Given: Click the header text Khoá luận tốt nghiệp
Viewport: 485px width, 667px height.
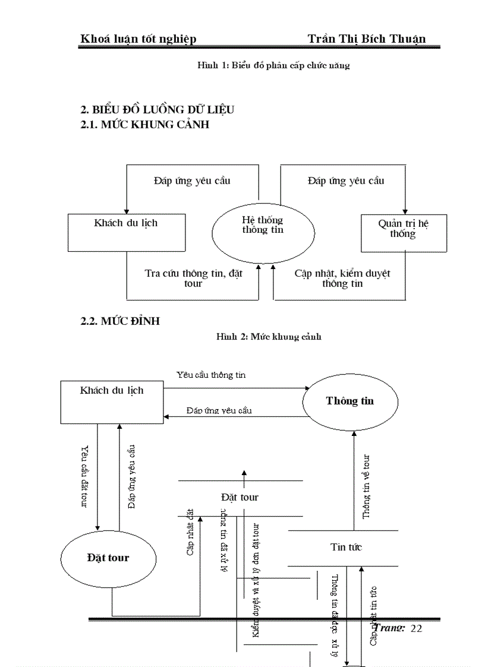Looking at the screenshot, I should (138, 39).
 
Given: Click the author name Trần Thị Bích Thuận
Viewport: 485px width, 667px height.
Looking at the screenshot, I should (366, 39).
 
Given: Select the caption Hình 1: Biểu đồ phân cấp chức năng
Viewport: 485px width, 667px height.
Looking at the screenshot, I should (273, 65).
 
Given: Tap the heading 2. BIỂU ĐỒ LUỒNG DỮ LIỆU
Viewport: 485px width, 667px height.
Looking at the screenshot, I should (158, 110).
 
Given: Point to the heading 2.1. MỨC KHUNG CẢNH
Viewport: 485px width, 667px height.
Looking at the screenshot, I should (145, 125).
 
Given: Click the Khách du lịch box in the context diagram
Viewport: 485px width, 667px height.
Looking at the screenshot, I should (126, 232).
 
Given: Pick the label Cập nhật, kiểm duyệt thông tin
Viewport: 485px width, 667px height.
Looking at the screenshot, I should (342, 278).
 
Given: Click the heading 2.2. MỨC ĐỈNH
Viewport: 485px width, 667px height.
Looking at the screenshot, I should (120, 321).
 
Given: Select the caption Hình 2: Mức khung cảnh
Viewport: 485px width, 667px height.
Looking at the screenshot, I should (269, 337).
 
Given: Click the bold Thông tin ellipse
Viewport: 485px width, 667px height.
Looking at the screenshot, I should (350, 402).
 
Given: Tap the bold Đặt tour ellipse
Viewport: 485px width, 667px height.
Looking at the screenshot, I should (108, 558).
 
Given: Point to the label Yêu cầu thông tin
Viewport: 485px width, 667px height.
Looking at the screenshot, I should (211, 375).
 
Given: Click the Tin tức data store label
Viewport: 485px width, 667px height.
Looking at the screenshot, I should (346, 547).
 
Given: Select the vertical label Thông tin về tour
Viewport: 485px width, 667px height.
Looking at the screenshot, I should (367, 486).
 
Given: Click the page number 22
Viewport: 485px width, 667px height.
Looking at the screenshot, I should (416, 628).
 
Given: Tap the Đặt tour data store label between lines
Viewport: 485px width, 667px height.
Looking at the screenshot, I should (240, 497).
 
